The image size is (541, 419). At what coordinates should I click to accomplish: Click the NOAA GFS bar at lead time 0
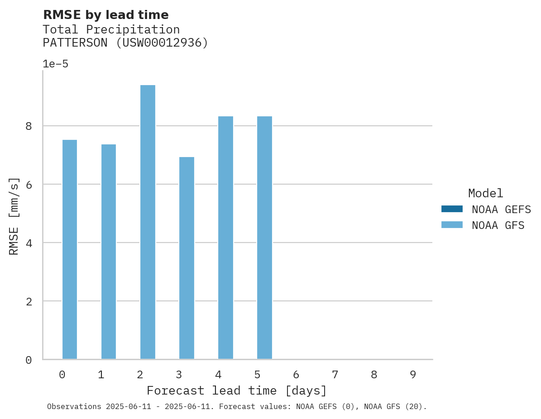pos(70,249)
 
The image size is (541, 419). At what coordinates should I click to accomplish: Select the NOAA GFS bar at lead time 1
pos(109,252)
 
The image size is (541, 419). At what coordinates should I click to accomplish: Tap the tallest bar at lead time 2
pos(148,222)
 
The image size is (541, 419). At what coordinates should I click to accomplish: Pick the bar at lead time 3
pos(187,258)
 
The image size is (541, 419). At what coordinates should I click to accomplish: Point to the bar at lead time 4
pos(225,238)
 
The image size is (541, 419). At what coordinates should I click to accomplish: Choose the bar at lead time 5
pos(264,238)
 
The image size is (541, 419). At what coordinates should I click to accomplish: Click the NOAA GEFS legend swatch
pos(452,209)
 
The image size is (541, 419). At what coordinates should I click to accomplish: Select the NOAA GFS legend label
pos(498,225)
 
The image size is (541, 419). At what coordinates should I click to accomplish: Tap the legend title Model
pos(485,194)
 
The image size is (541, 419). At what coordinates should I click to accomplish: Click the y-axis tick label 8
pos(29,126)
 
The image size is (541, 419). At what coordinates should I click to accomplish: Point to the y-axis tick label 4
pos(29,243)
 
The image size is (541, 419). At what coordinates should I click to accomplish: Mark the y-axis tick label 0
pos(29,360)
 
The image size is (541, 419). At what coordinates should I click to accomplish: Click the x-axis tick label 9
pos(413,375)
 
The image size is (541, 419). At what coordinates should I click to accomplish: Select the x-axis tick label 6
pos(296,375)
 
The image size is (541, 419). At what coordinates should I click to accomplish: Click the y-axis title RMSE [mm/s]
pos(14,216)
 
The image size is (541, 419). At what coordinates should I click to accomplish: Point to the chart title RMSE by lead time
pos(105,15)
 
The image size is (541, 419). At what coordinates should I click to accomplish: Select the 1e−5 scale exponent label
pos(55,64)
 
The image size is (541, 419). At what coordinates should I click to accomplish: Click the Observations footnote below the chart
pos(237,407)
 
